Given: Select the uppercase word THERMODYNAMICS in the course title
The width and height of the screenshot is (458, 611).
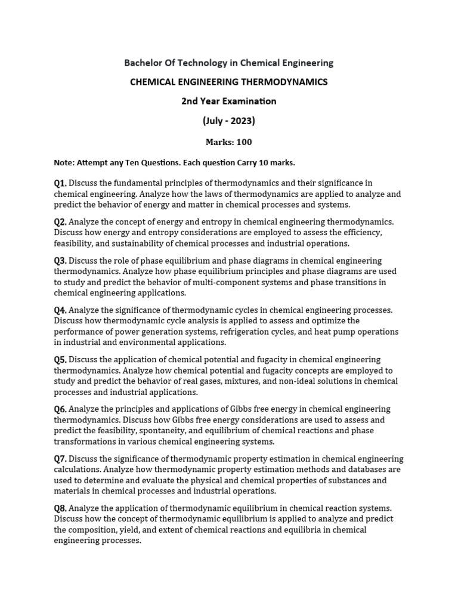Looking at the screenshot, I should (x=286, y=82).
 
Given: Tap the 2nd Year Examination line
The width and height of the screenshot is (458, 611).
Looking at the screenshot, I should (x=229, y=101).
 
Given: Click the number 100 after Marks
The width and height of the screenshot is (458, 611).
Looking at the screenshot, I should (x=244, y=142).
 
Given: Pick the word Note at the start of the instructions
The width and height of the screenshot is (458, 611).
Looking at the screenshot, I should (x=64, y=162).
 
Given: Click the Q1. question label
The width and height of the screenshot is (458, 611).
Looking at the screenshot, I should (x=60, y=183).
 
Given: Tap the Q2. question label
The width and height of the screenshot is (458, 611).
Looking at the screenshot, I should (x=60, y=222).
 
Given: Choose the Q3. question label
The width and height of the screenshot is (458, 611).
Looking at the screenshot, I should (x=60, y=261).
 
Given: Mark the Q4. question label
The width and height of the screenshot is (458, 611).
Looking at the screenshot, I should (x=60, y=310).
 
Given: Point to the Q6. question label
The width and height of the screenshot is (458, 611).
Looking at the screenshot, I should (x=60, y=409).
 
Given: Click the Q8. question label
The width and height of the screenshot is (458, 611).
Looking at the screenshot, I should (x=60, y=508).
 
